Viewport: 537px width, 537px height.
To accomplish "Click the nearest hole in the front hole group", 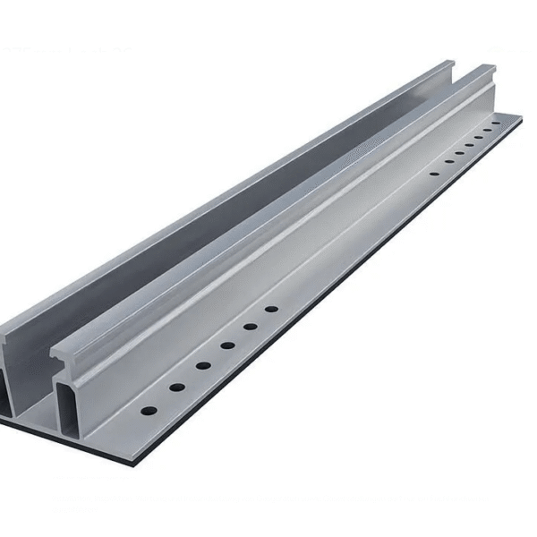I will coord(146,412).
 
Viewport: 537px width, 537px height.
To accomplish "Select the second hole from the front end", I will coord(177,387).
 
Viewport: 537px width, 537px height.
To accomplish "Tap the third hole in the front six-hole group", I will coord(204,365).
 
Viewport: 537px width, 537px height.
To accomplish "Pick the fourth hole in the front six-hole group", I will coord(228,345).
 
